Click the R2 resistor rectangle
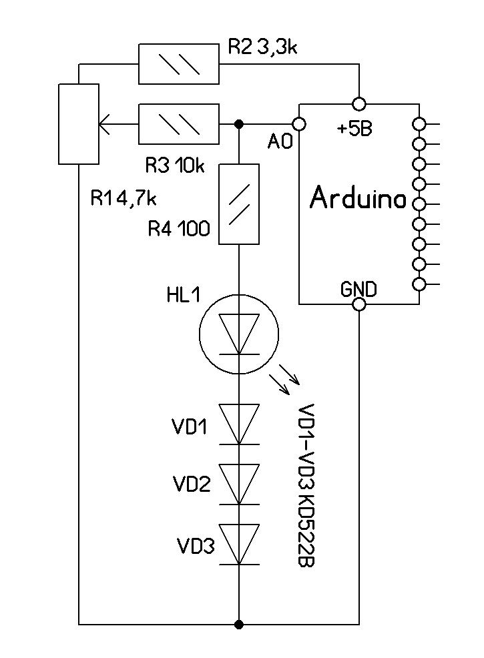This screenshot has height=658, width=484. [178, 64]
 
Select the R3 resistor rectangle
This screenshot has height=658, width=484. [178, 124]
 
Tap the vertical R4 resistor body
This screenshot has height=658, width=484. [238, 204]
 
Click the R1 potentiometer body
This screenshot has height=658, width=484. [79, 124]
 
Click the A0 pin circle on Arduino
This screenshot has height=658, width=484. [298, 124]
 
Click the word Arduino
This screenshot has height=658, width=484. [358, 198]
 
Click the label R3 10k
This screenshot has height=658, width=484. [175, 166]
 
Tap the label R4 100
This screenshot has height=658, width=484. [179, 230]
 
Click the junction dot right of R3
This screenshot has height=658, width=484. [238, 124]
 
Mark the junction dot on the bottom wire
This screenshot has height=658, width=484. [238, 625]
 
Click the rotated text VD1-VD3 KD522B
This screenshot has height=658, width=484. [306, 485]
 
